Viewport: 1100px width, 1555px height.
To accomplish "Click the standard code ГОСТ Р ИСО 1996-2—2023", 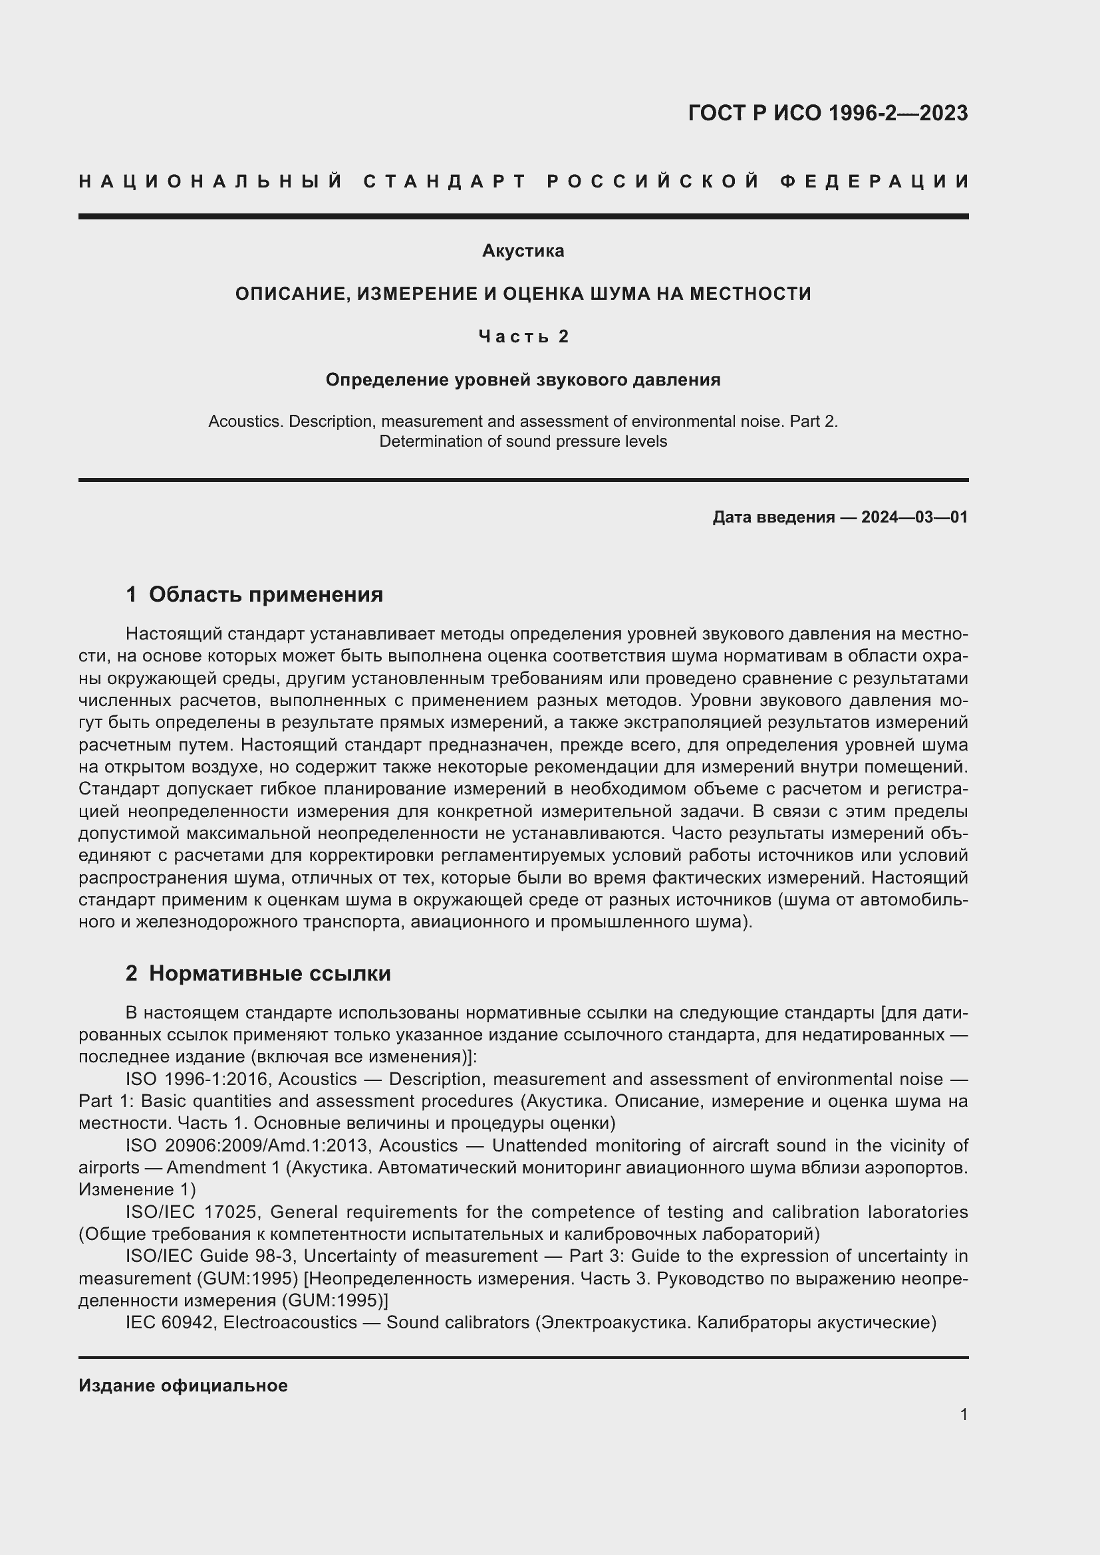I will point(828,113).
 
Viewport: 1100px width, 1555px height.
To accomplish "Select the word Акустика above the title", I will point(523,251).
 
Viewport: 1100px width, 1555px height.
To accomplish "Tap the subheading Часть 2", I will point(523,336).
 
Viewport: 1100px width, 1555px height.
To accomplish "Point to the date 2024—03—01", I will point(914,517).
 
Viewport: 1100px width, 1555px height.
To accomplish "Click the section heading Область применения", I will point(265,594).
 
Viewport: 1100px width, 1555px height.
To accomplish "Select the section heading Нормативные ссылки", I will point(269,973).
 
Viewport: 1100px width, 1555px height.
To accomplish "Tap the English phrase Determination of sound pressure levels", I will point(523,441).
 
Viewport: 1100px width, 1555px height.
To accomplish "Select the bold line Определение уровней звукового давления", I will point(523,380).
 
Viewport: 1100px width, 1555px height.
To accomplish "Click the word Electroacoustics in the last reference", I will point(290,1322).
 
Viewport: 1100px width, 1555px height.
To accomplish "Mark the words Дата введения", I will point(773,517).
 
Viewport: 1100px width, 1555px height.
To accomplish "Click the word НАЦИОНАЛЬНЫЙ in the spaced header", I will point(211,181).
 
